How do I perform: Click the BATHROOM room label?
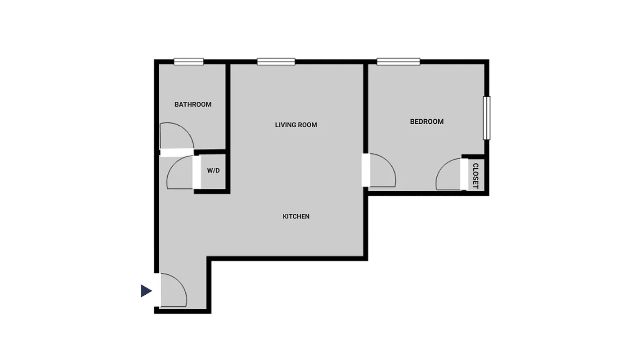193,104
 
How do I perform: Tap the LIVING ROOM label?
296,125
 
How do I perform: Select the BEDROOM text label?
426,121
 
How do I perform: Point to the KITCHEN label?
296,216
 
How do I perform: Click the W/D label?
213,171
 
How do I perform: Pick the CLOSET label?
475,175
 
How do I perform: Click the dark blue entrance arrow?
146,291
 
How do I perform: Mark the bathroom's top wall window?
189,62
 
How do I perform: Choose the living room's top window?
276,62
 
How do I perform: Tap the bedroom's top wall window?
399,62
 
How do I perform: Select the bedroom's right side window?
487,118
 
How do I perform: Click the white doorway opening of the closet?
464,174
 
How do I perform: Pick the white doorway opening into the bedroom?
366,170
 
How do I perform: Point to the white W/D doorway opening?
197,171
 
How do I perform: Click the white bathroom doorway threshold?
177,153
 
